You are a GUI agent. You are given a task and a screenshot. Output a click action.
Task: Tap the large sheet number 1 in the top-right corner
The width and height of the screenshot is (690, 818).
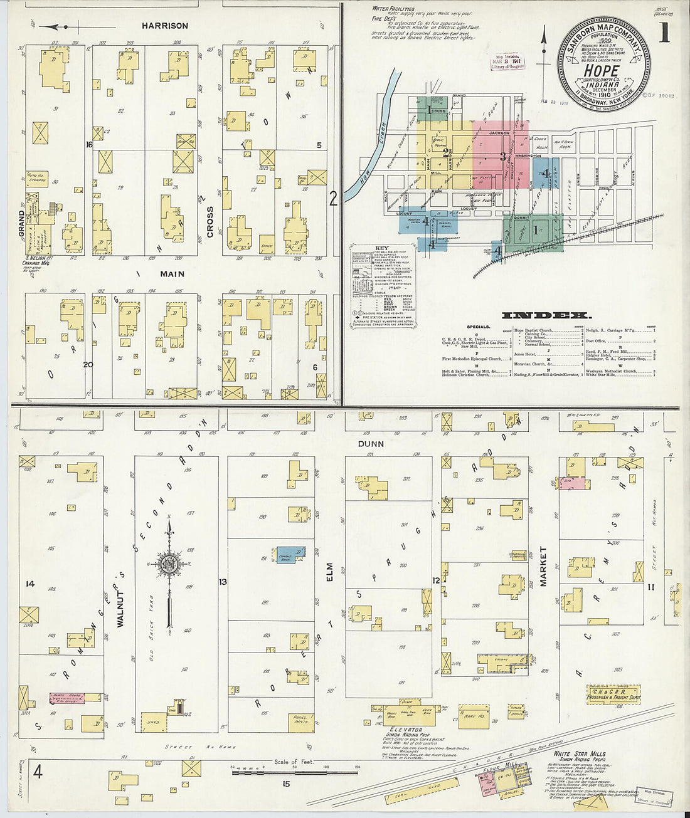[x=664, y=33]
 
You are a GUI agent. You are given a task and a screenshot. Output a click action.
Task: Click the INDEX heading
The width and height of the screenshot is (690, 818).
[x=545, y=315]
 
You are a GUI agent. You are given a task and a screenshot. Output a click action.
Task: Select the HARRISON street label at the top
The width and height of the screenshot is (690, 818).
[x=164, y=26]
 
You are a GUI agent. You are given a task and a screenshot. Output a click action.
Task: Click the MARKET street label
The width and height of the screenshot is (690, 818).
[x=543, y=566]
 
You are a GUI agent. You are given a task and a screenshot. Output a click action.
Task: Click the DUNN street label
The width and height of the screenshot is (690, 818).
[x=371, y=443]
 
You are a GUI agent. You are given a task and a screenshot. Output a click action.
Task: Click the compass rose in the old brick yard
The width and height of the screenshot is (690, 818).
[x=169, y=563]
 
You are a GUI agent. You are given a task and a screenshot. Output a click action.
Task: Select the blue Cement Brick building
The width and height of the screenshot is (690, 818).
[x=290, y=553]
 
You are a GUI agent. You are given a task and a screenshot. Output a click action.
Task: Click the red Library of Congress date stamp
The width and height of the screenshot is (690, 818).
[x=509, y=62]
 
